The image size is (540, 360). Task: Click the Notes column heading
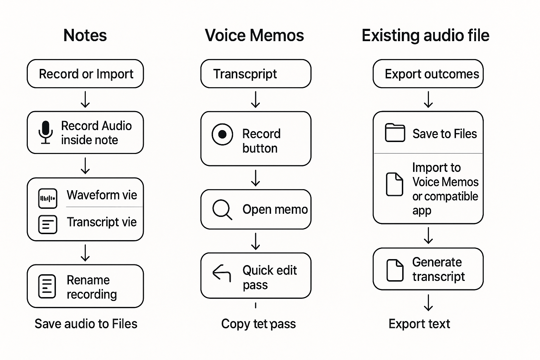coord(85,36)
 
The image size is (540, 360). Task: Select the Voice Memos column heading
coord(254,36)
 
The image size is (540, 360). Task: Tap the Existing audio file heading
coord(425,36)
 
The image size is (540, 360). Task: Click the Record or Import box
coord(85,74)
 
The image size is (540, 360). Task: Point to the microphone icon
coord(45,132)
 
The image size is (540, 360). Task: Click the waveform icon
coord(47,198)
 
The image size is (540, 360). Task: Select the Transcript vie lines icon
coord(47,224)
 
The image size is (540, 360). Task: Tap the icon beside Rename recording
coord(47,286)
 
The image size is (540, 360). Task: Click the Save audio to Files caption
coord(86,324)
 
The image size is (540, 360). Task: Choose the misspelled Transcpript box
coord(256,74)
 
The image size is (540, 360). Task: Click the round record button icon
coord(222,134)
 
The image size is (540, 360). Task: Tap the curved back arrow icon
coord(222,273)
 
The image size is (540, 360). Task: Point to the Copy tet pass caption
coord(258,324)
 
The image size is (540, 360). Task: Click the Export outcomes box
coord(428,74)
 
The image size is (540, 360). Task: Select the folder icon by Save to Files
coord(395,133)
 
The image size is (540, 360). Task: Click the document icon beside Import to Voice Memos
coord(394,184)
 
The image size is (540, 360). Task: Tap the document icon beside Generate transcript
coord(395,270)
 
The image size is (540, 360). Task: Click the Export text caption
coord(419,324)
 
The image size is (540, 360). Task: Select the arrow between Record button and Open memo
coord(256,178)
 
